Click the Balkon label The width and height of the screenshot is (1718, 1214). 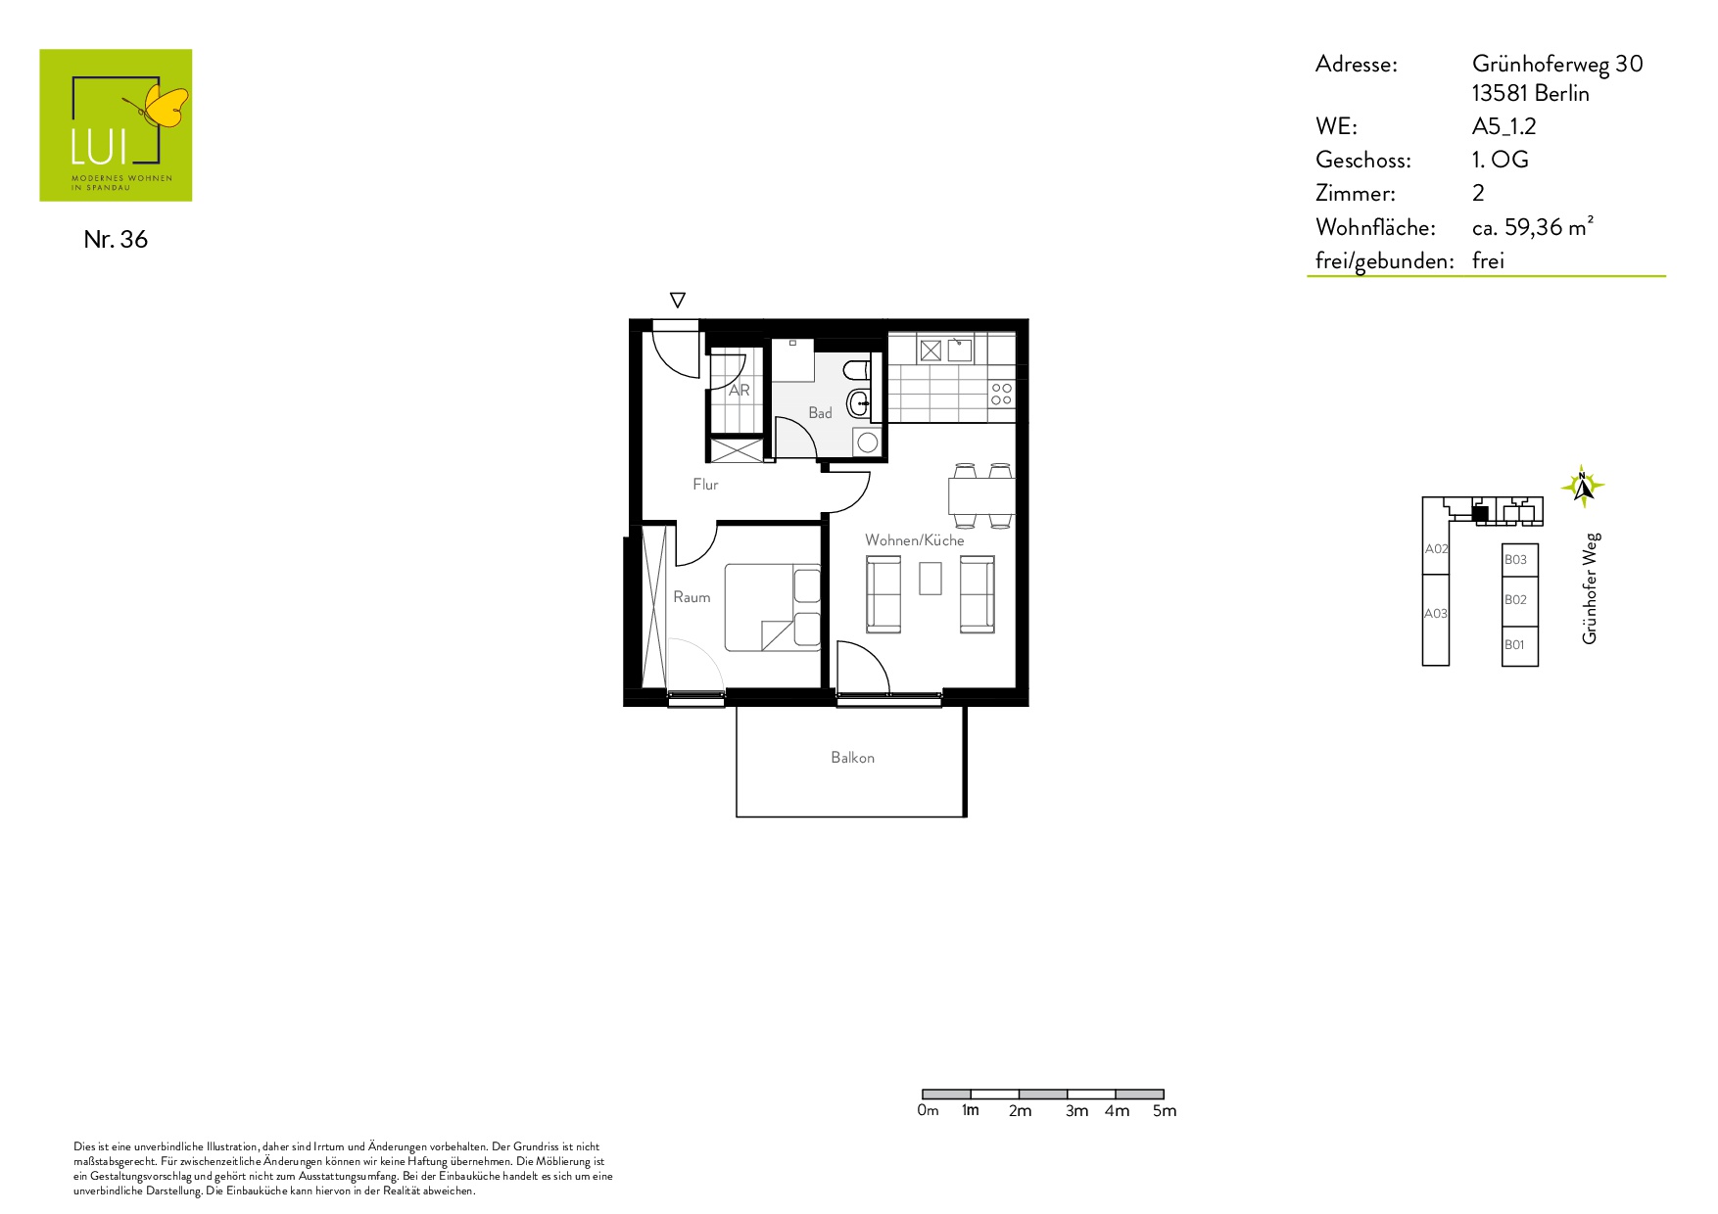point(852,758)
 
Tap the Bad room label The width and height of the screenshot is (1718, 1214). point(820,413)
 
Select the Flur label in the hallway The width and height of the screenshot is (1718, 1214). point(705,485)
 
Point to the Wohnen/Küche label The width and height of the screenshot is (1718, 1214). point(914,540)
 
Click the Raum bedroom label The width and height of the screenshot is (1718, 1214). point(692,597)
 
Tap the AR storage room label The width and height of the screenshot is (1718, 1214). point(740,390)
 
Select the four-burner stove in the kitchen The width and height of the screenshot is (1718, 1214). point(1001,394)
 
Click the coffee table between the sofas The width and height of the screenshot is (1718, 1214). point(931,578)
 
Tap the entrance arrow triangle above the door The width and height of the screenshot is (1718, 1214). point(677,300)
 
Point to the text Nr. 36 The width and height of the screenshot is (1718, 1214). point(116,240)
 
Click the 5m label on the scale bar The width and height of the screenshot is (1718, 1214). point(1165,1111)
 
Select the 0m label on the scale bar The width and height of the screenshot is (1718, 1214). point(928,1111)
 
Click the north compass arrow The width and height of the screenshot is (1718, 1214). point(1583,486)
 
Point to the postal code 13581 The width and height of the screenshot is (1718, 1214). point(1500,94)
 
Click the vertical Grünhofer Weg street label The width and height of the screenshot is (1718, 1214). point(1590,588)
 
